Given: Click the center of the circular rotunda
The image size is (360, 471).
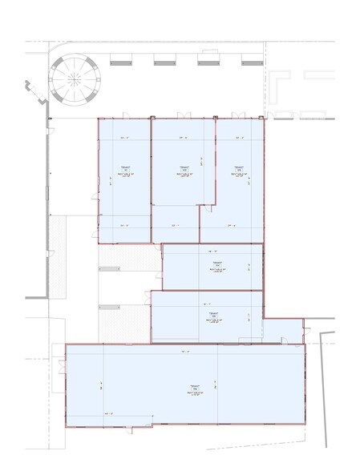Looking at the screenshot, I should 74,78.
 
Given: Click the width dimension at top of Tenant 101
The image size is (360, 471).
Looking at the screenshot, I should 124,137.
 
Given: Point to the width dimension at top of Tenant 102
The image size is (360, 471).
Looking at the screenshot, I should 183,137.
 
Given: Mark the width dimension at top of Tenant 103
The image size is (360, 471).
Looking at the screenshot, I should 239,137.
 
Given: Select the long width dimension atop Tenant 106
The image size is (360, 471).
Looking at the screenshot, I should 184,352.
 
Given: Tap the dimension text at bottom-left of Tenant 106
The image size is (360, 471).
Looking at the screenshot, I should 108,413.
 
